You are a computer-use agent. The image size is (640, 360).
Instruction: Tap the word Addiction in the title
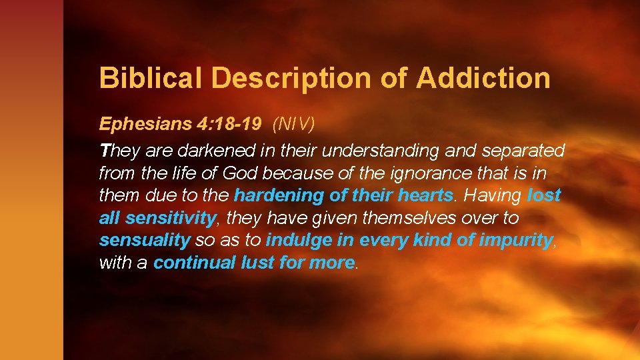point(483,78)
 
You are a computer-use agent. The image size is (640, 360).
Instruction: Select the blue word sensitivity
point(171,218)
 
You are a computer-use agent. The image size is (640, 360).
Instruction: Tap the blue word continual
point(194,263)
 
